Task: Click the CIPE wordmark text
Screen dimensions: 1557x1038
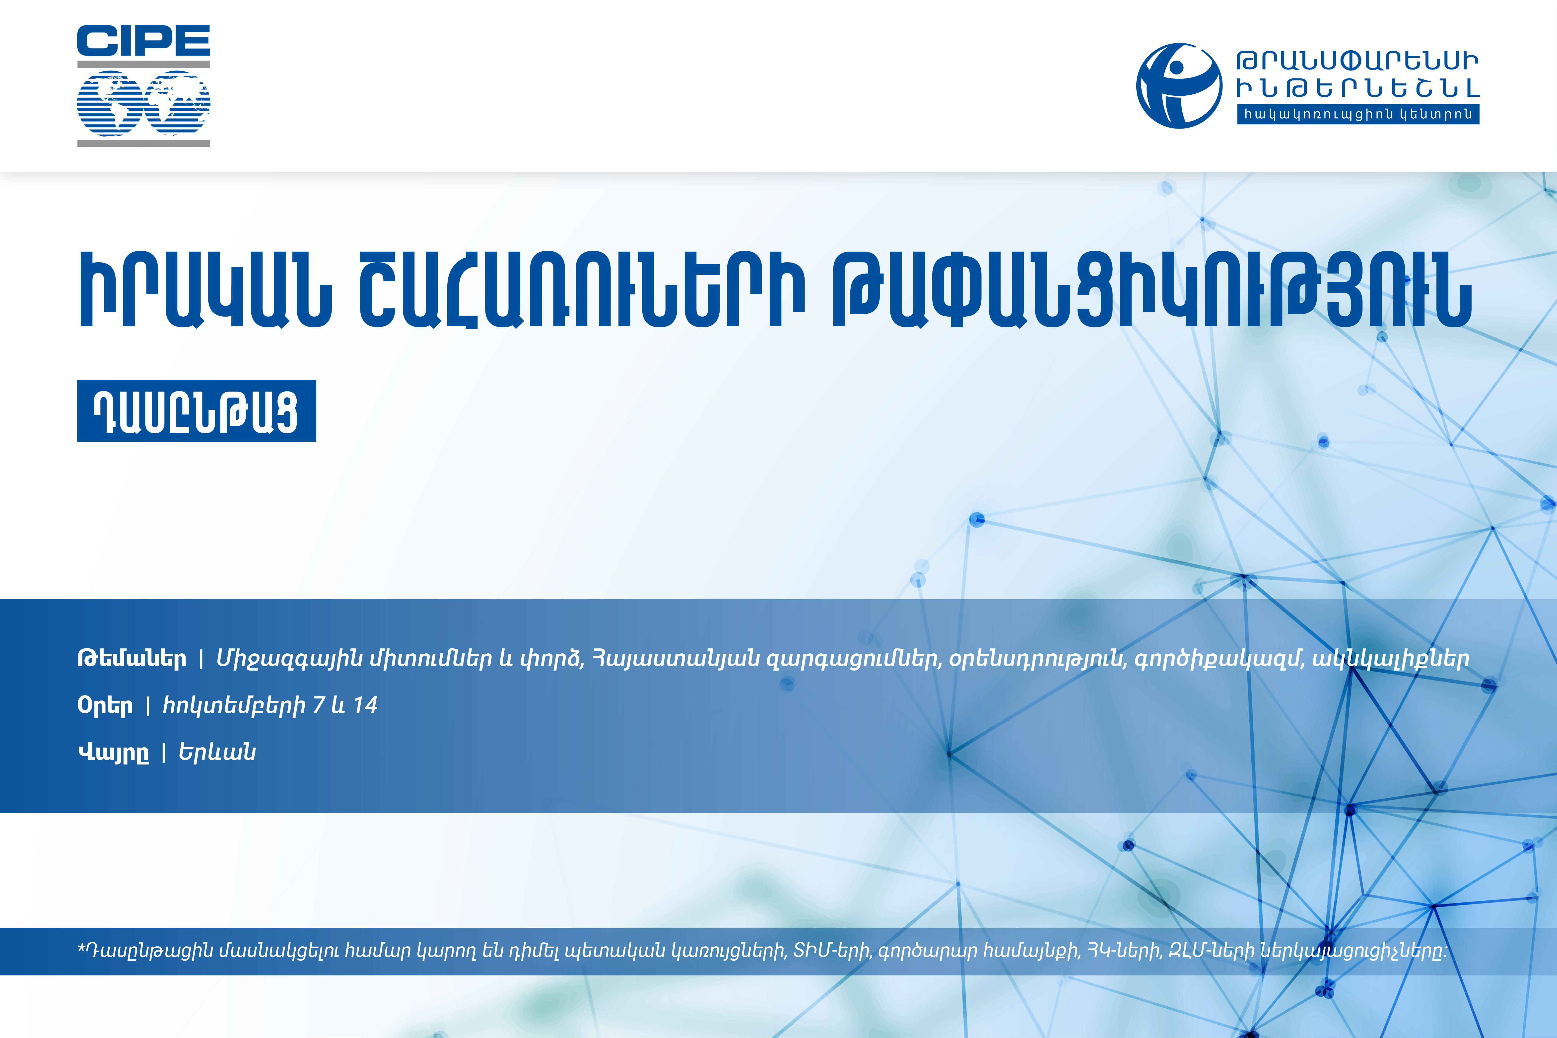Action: (144, 41)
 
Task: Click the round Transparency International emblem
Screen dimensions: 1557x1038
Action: (1179, 86)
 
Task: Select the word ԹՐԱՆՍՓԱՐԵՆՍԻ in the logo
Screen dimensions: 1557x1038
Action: (1358, 62)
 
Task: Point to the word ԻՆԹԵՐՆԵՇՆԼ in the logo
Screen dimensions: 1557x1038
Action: (1358, 88)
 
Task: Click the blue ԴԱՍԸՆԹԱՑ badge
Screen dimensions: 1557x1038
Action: (197, 411)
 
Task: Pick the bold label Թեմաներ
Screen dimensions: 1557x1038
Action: (132, 659)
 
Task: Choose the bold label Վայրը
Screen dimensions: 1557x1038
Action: (113, 753)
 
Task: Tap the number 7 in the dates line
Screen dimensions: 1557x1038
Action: (319, 705)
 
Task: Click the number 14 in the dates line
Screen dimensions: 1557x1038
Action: (365, 705)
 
